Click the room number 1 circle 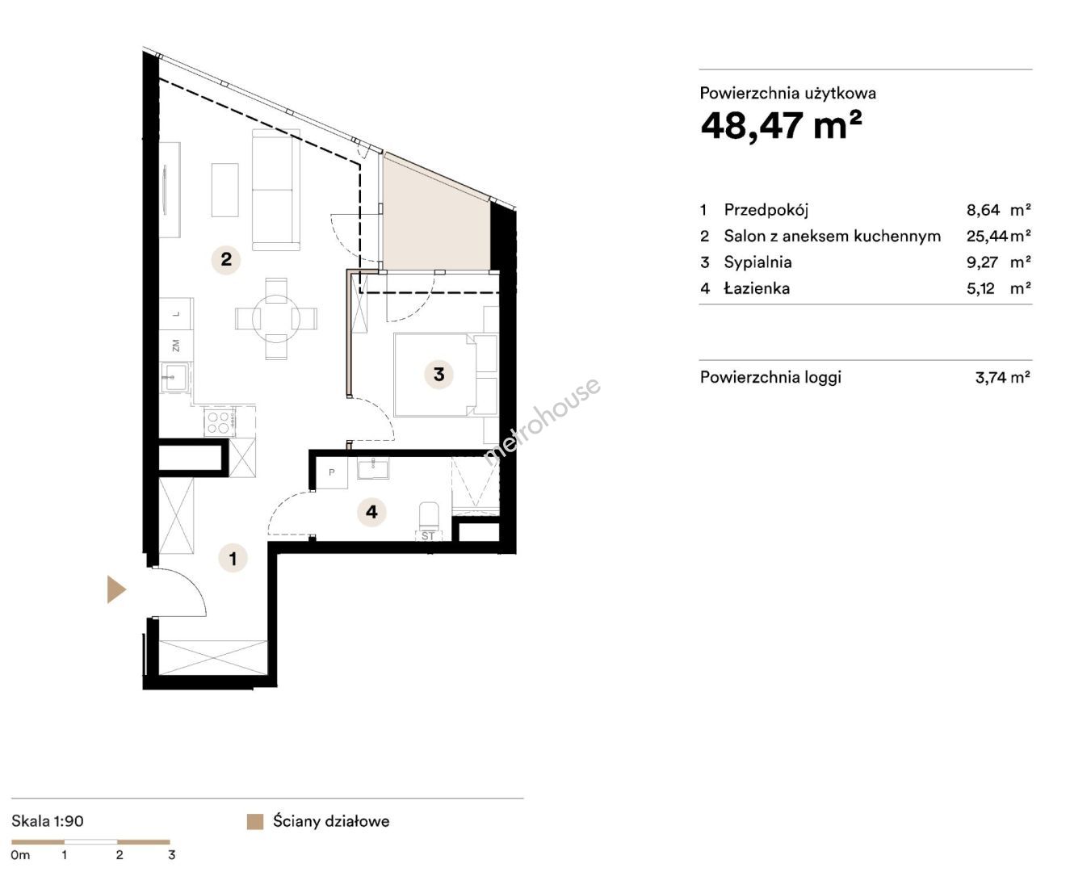pos(233,559)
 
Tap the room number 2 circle pos(226,259)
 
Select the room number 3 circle pos(439,375)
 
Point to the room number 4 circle pos(371,512)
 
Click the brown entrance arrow pos(116,589)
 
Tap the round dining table pos(276,319)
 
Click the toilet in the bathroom pos(430,516)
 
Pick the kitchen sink pos(175,377)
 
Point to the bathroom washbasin pos(373,468)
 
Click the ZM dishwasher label pos(176,346)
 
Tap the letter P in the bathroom pos(332,472)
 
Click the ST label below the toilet pos(428,536)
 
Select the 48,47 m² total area pos(781,124)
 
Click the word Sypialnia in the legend pos(757,262)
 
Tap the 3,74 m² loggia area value pos(1002,377)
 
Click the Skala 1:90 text pos(48,821)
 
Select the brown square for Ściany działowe pos(255,822)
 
